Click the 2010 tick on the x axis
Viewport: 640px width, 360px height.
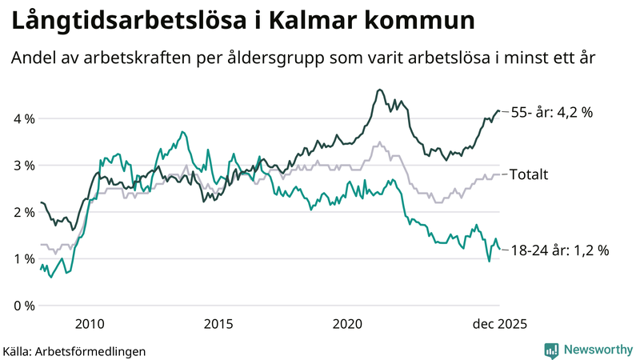point(89,324)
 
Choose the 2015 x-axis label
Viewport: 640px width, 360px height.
point(218,324)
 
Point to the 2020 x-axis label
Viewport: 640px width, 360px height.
point(348,324)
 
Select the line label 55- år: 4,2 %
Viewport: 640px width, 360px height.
point(551,113)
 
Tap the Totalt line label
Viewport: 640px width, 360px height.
point(529,174)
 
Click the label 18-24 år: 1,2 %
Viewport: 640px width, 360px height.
point(559,250)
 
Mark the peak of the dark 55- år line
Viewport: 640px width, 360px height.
point(379,90)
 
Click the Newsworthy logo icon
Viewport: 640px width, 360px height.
point(551,350)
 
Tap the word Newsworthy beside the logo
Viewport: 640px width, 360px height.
point(598,350)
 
